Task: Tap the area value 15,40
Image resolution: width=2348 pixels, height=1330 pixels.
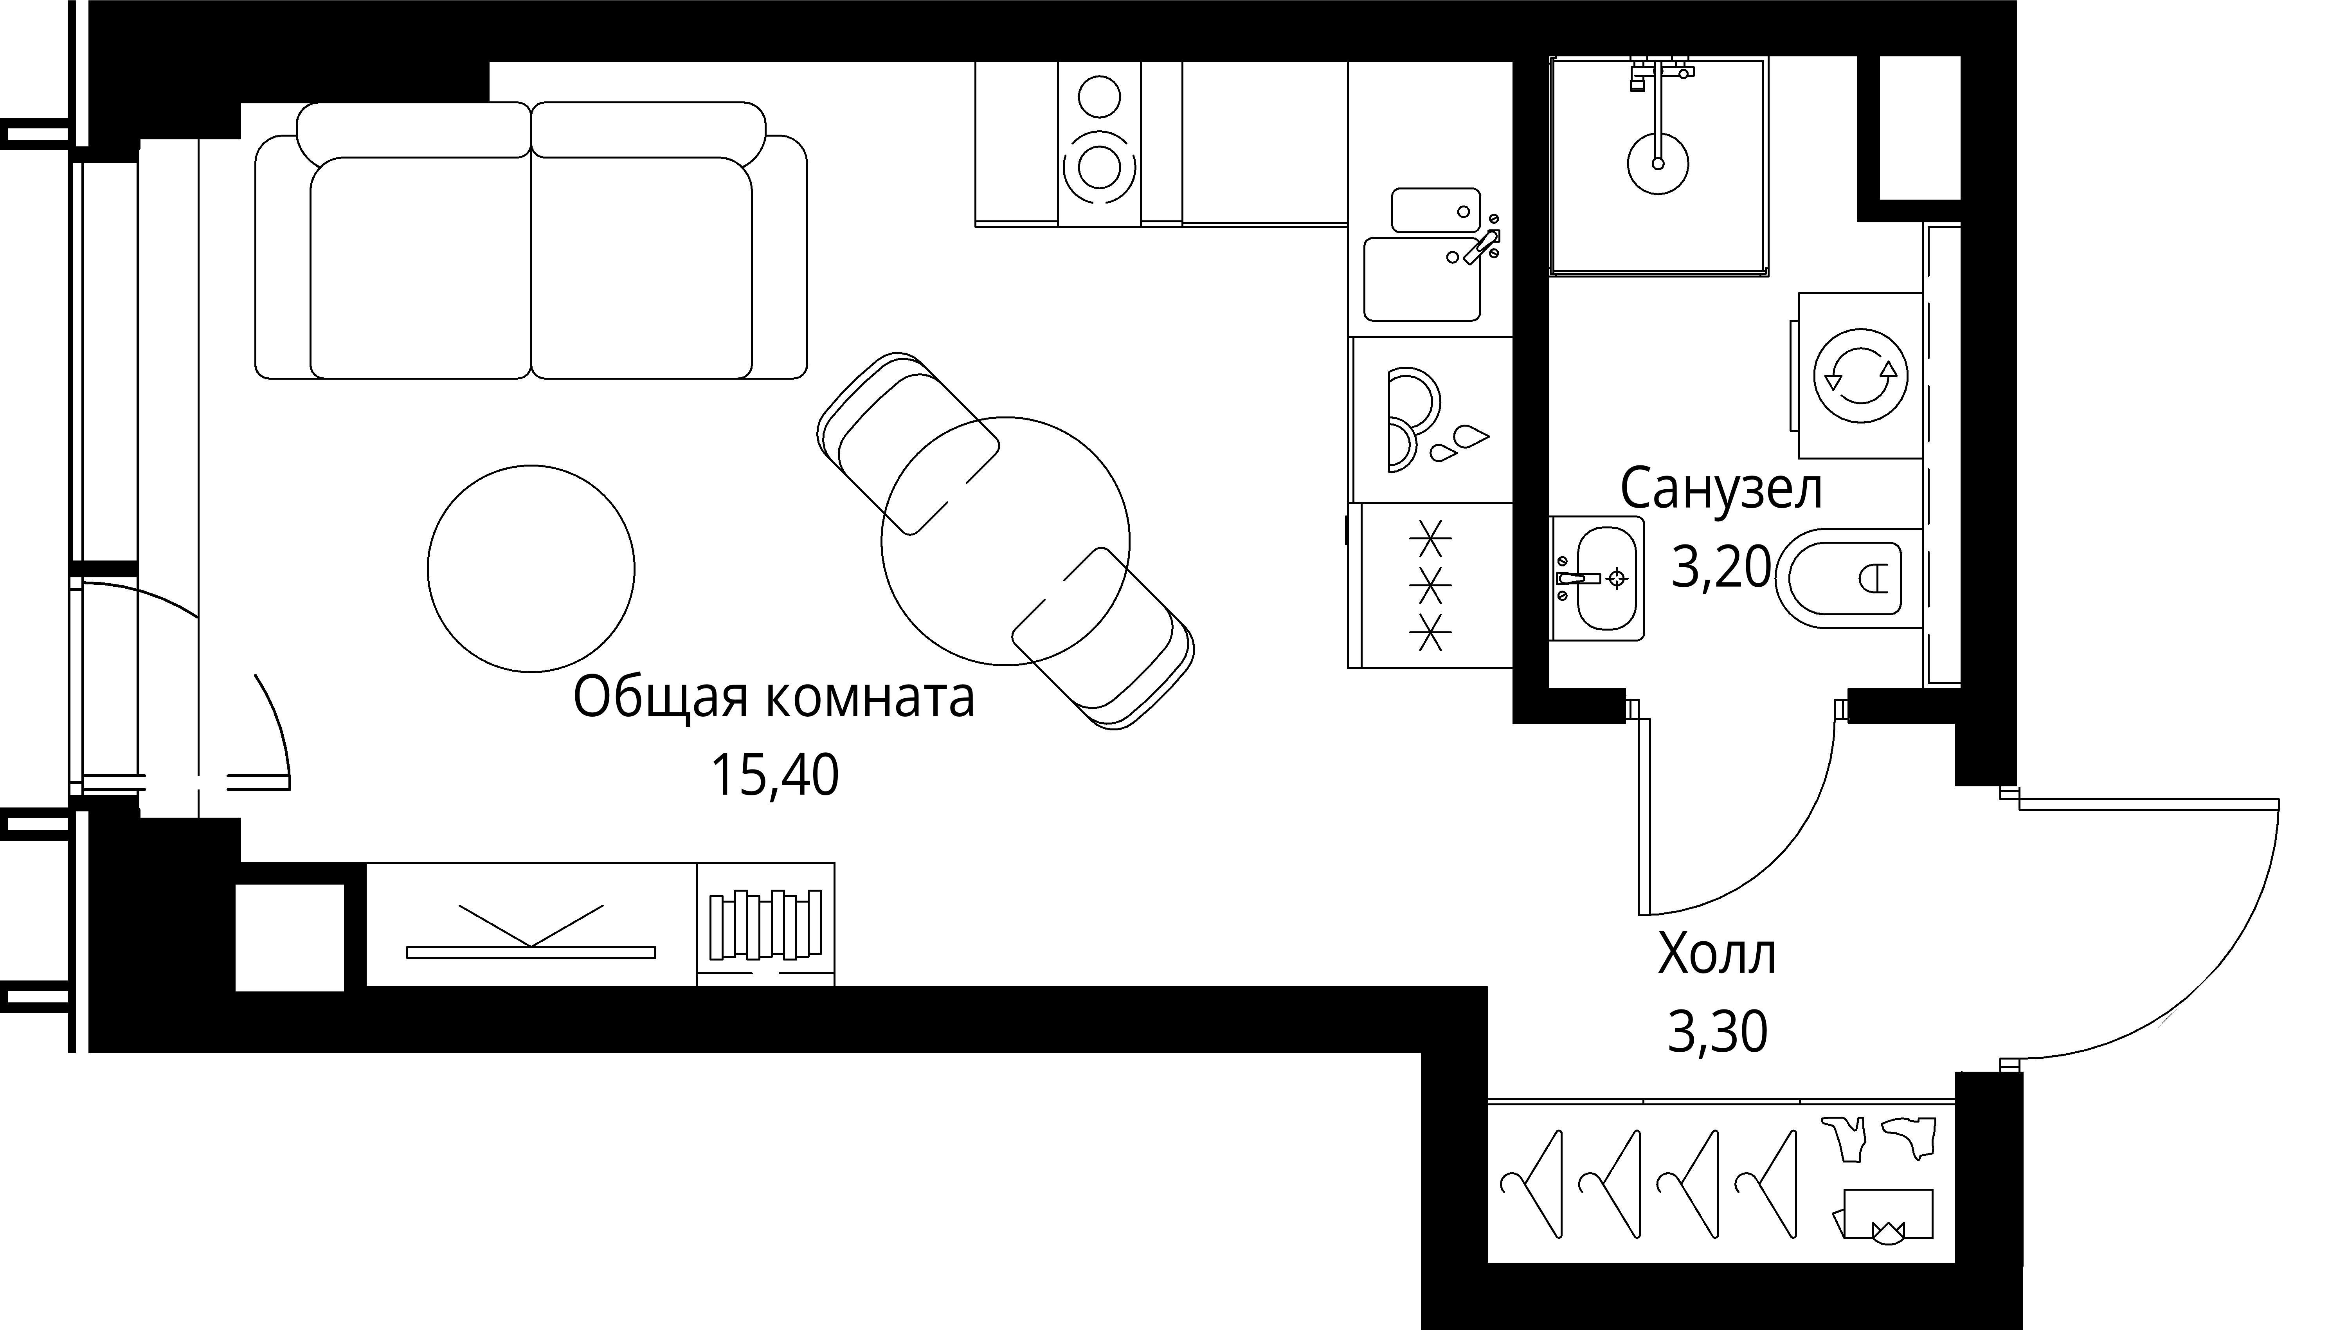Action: (774, 777)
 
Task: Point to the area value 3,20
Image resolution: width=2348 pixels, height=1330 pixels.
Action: (1721, 568)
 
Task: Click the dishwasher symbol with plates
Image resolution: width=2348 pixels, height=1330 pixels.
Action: (1429, 420)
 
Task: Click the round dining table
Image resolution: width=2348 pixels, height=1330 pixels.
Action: (1005, 541)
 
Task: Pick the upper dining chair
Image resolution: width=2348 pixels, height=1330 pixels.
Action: (909, 443)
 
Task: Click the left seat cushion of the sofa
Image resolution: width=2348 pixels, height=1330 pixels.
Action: (420, 268)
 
